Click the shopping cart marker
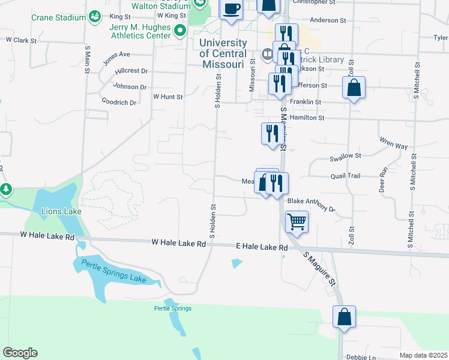tap(297, 222)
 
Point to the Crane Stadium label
tap(59, 17)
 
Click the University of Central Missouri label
tap(223, 53)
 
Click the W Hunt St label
tap(167, 96)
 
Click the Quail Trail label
tap(345, 176)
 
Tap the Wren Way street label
tap(393, 143)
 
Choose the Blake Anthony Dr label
tap(311, 205)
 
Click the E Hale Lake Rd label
tap(261, 247)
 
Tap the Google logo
tap(20, 353)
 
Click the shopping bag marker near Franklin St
tap(354, 88)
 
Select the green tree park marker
tap(6, 190)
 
